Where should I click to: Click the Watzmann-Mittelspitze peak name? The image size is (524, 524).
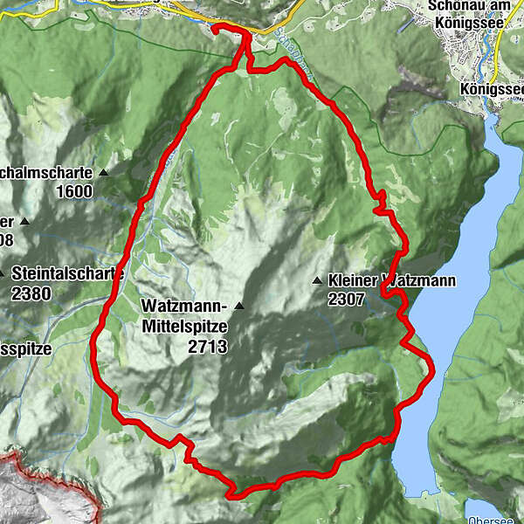click(183, 315)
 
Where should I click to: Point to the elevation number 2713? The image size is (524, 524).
click(206, 347)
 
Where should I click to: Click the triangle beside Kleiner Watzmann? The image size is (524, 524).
click(318, 281)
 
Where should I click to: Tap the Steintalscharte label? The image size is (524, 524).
click(66, 273)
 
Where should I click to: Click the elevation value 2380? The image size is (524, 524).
click(31, 294)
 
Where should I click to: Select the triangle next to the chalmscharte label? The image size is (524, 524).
click(104, 173)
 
